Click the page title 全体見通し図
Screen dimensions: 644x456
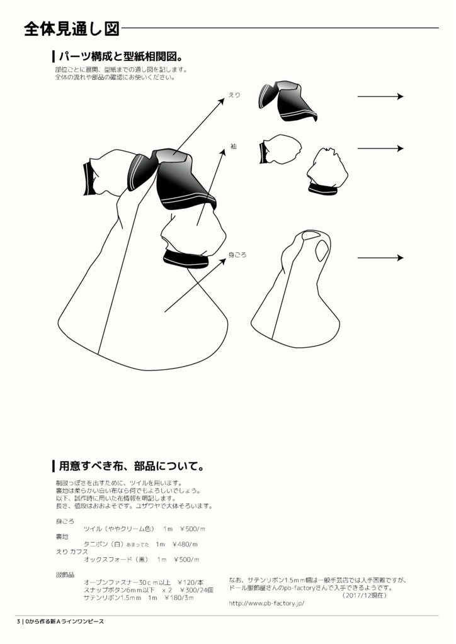click(x=71, y=28)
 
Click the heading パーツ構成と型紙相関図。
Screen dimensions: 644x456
click(x=121, y=56)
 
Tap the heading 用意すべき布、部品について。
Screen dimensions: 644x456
click(x=131, y=467)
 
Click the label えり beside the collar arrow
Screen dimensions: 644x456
click(x=234, y=95)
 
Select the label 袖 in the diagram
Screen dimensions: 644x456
click(x=233, y=146)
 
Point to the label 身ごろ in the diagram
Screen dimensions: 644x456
click(x=237, y=255)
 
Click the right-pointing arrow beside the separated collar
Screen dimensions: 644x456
click(x=380, y=96)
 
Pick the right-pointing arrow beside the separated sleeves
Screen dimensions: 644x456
click(x=380, y=148)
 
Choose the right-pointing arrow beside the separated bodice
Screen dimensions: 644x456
click(x=380, y=258)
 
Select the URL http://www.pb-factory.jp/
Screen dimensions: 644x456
click(x=266, y=603)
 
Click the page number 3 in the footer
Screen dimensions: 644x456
click(x=19, y=621)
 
